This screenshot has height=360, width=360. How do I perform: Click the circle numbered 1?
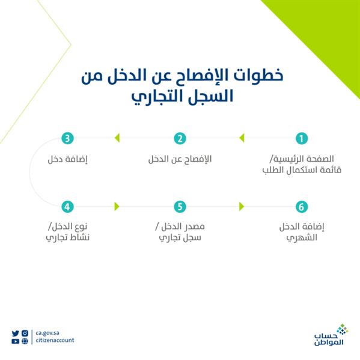pyautogui.click(x=302, y=139)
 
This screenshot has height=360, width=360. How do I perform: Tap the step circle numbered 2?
pyautogui.click(x=180, y=139)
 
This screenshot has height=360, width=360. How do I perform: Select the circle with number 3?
pyautogui.click(x=68, y=139)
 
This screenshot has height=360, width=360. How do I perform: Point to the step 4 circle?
pyautogui.click(x=68, y=207)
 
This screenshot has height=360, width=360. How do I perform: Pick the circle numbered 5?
pyautogui.click(x=180, y=207)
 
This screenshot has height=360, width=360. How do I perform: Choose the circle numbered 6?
pyautogui.click(x=302, y=207)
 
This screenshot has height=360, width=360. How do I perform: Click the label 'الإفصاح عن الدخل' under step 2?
pyautogui.click(x=180, y=160)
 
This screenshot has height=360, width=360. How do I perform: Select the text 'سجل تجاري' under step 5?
pyautogui.click(x=179, y=237)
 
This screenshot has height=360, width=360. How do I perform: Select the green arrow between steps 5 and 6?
pyautogui.click(x=242, y=207)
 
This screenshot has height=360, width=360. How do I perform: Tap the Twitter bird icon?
pyautogui.click(x=16, y=333)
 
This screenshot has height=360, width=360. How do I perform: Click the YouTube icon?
pyautogui.click(x=16, y=341)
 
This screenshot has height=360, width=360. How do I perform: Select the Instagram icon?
pyautogui.click(x=25, y=333)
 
